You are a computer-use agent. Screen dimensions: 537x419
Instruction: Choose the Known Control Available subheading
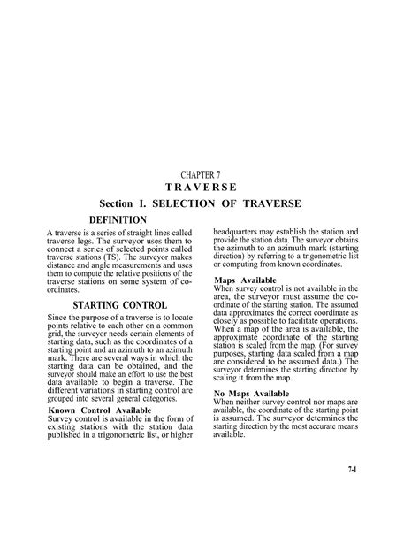[x=100, y=410]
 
